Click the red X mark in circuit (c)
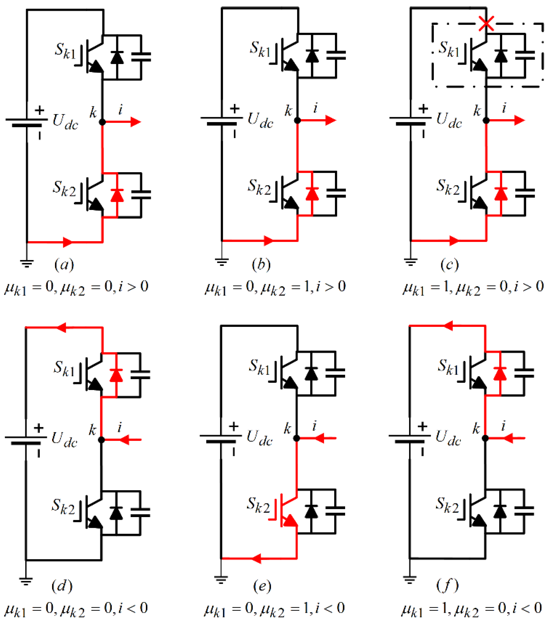coord(486,24)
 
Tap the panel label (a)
coord(64,264)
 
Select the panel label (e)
coord(262,586)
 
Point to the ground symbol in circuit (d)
coord(26,581)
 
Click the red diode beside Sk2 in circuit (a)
coord(117,195)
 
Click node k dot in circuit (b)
coord(297,120)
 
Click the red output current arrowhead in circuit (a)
coord(136,122)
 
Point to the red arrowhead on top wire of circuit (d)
coord(61,327)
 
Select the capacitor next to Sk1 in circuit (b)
coord(336,55)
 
